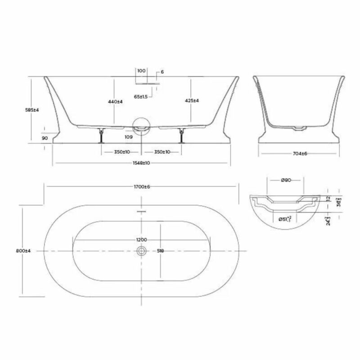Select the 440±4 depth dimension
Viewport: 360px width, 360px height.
pos(116,102)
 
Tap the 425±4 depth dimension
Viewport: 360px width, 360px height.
pos(192,101)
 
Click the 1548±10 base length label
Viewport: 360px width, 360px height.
pos(141,162)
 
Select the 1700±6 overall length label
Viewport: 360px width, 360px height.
pos(141,187)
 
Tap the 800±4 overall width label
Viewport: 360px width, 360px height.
pos(22,251)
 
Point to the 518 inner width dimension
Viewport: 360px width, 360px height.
pos(160,251)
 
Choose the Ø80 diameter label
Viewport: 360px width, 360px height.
pos(286,180)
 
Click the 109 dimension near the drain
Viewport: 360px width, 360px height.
pos(129,136)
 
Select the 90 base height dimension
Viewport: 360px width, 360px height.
pos(44,138)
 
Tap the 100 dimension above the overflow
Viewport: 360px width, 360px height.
pos(141,71)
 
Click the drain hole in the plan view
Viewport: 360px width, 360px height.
pos(141,251)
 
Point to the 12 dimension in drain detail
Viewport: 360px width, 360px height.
pos(328,198)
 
